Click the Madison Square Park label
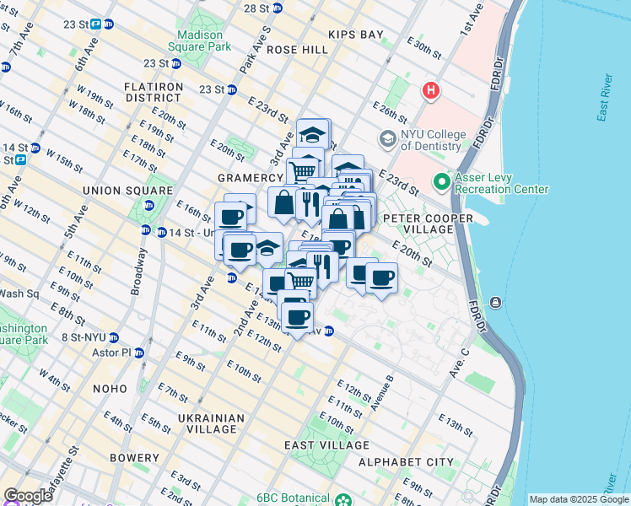click(x=204, y=40)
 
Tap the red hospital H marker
click(x=432, y=90)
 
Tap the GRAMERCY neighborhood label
click(x=250, y=179)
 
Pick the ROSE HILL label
click(x=297, y=50)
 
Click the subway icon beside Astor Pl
click(x=139, y=353)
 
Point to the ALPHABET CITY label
click(x=406, y=462)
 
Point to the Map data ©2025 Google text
click(x=578, y=499)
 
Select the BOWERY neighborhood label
click(x=134, y=458)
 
